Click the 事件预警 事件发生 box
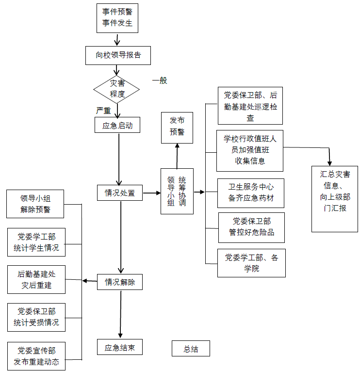pos(117,17)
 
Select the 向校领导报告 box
pos(118,55)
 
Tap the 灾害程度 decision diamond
pos(117,88)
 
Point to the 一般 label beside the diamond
pos(159,81)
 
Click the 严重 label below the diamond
pos(104,111)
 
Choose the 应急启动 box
pos(117,126)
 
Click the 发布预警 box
pos(177,127)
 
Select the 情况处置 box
pos(120,193)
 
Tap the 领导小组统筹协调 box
pos(177,191)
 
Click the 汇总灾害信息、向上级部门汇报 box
pos(335,191)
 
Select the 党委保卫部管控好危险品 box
pos(251,227)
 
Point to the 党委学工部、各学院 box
pos(251,263)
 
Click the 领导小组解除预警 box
pos(35,204)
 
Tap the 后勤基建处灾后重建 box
pos(36,279)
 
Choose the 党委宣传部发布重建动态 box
pos(36,356)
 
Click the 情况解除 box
pos(120,282)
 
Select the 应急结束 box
pos(120,347)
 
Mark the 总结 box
pos(191,349)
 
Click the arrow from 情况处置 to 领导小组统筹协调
pos(152,193)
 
